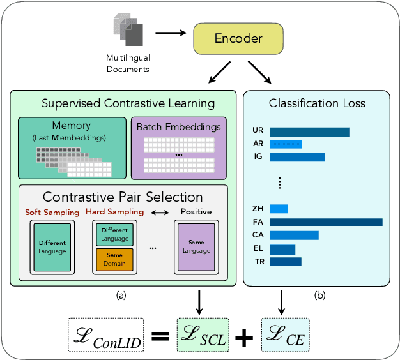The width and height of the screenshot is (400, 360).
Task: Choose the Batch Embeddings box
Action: pos(178,147)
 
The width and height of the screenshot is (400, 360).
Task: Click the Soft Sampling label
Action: pos(52,212)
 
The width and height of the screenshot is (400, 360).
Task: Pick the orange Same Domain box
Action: pos(115,259)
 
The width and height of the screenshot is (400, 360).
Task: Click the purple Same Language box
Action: pos(196,246)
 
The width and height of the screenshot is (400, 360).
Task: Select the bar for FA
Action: pos(326,222)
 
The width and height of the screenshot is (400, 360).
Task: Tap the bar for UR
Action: pos(309,132)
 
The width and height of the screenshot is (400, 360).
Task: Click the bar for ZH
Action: pos(279,209)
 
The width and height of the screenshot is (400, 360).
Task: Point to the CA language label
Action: pos(258,236)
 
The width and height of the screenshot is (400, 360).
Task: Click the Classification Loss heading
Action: pos(317,103)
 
